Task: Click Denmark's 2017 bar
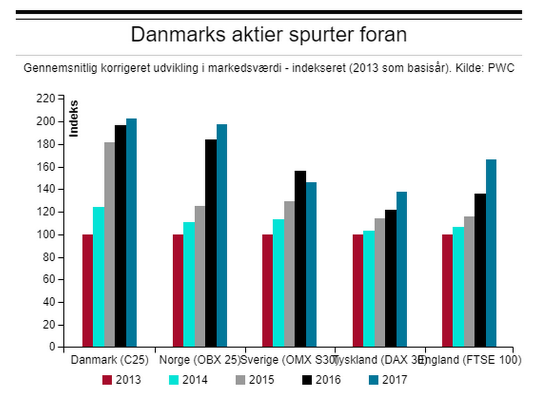point(131,233)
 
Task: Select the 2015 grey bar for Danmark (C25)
point(109,244)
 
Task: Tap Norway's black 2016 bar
point(211,243)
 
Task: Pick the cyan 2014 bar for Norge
point(189,284)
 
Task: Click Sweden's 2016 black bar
point(300,258)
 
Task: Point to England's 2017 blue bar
point(490,253)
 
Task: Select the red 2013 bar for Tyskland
point(358,291)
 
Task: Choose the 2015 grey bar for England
point(469,281)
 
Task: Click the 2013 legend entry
point(121,380)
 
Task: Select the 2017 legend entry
point(388,380)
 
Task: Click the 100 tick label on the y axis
point(48,235)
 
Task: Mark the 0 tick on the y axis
point(52,347)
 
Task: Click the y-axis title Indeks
point(74,118)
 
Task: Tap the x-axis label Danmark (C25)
point(109,360)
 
